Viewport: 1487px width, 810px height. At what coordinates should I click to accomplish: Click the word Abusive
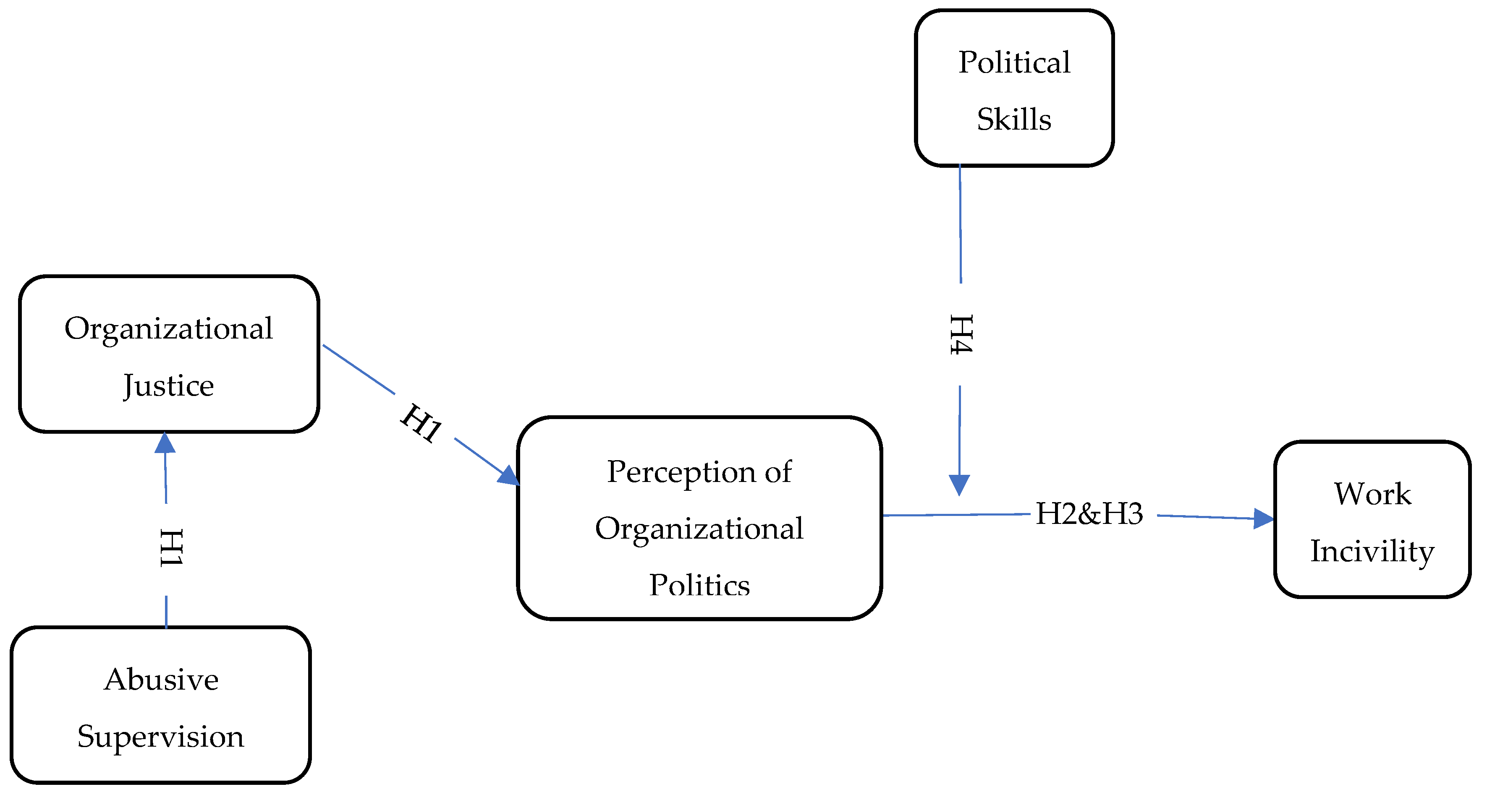161,679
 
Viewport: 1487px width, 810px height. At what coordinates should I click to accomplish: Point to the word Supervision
160,737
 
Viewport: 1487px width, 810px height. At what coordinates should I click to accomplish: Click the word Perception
681,472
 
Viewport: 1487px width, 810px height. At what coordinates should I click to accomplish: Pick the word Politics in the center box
699,585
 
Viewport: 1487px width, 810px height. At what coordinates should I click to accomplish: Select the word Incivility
1372,551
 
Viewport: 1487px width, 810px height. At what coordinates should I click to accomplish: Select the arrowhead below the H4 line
959,484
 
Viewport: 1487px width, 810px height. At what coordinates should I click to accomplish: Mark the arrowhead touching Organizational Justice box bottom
165,443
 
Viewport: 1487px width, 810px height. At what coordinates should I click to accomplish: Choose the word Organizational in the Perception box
699,529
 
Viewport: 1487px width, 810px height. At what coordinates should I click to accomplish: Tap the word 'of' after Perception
778,472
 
